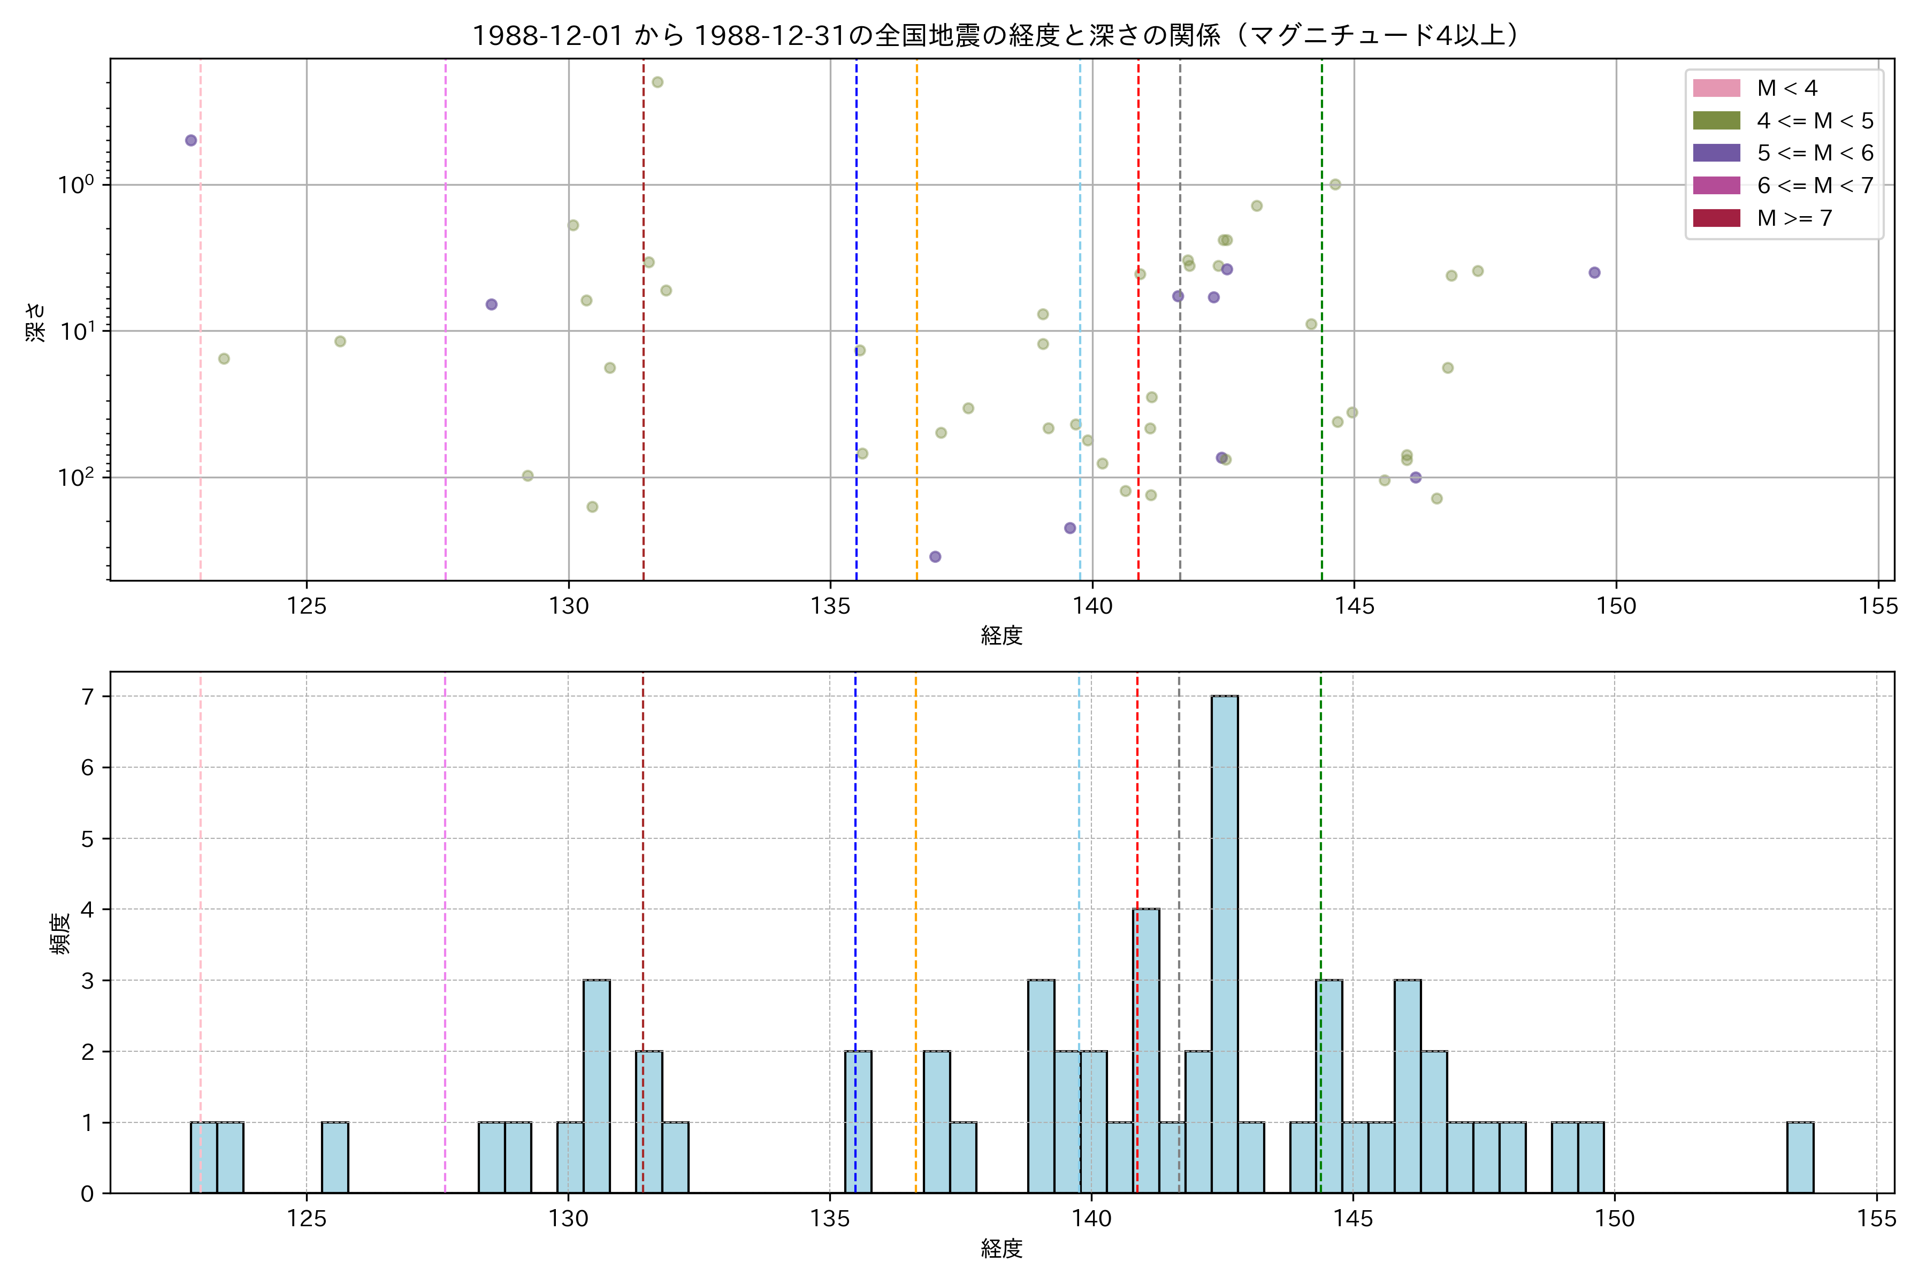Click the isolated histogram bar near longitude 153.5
pyautogui.click(x=1800, y=1157)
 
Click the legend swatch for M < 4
pyautogui.click(x=1716, y=88)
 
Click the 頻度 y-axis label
pyautogui.click(x=60, y=934)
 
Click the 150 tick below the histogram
pyautogui.click(x=1615, y=1219)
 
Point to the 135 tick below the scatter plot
pyautogui.click(x=830, y=606)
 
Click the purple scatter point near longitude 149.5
pyautogui.click(x=1594, y=273)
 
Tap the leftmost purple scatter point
pyautogui.click(x=191, y=140)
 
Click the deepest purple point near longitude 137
pyautogui.click(x=935, y=557)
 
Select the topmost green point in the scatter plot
pyautogui.click(x=657, y=82)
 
